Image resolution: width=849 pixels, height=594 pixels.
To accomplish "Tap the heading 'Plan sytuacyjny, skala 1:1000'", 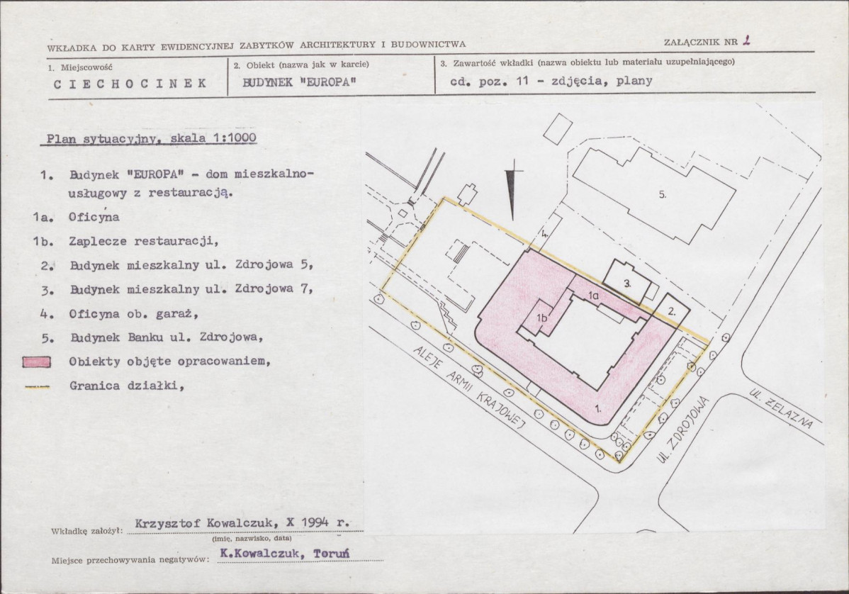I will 150,139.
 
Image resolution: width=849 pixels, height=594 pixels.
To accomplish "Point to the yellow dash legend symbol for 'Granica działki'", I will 36,387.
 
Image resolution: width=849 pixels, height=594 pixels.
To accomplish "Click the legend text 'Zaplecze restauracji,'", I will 142,241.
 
